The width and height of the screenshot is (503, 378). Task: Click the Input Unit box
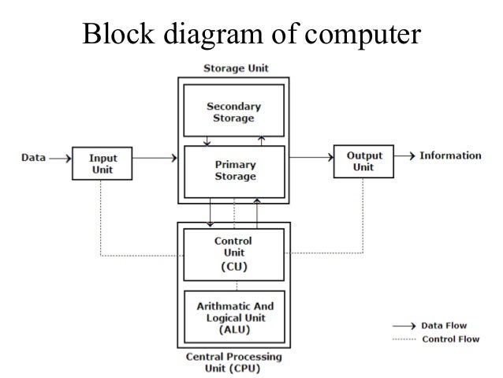tap(98, 162)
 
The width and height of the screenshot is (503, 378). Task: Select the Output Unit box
tap(363, 160)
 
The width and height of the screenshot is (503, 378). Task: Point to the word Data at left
tap(32, 158)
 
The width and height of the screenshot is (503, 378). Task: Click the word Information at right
tap(449, 155)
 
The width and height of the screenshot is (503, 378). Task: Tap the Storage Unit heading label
tap(233, 69)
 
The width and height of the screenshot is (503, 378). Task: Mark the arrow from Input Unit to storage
tap(151, 159)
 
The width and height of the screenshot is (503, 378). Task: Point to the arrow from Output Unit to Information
tap(404, 156)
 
